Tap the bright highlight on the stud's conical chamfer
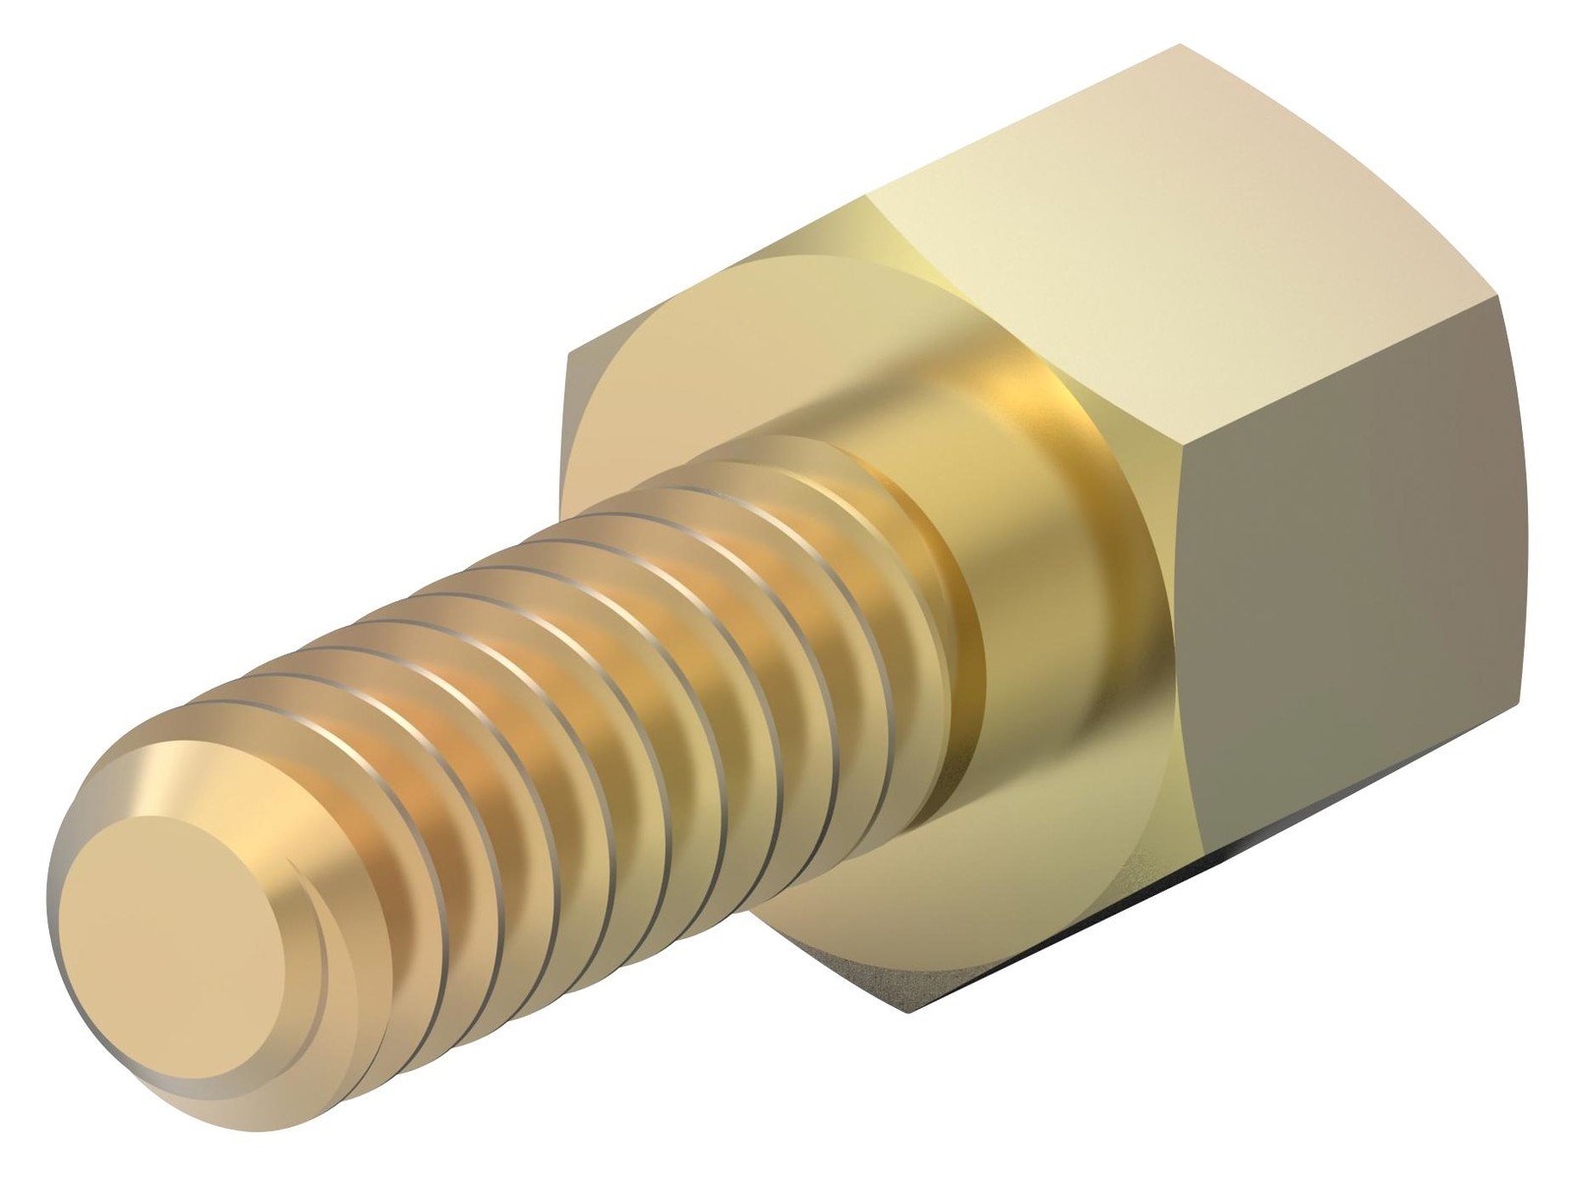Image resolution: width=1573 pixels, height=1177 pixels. [x=167, y=776]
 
